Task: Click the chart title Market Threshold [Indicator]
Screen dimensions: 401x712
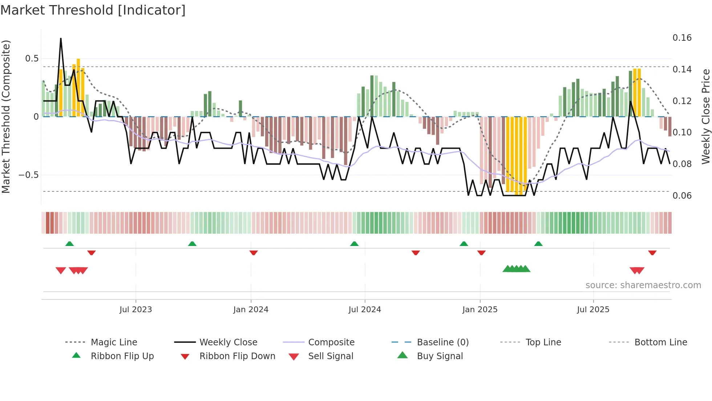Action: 93,10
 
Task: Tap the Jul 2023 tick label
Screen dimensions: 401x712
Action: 135,310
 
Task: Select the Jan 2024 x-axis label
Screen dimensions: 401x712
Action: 251,310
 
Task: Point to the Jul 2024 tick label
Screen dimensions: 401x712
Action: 365,310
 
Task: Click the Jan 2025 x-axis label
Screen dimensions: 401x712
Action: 480,310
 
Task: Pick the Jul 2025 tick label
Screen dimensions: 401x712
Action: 593,310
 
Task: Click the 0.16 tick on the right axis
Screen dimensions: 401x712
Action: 682,38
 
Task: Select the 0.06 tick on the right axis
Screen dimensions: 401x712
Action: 682,196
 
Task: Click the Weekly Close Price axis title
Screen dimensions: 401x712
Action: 705,116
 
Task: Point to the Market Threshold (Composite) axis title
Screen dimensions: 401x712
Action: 6,116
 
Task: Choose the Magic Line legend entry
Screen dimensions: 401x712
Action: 114,342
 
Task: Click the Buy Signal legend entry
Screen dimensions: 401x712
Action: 440,356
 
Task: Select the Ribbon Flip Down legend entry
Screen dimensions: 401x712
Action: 237,356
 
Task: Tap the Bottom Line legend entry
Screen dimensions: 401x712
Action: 660,342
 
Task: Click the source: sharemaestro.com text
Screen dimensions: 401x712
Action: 643,285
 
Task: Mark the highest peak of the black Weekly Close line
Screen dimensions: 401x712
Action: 61,39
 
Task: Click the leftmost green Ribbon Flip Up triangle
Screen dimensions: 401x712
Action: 69,244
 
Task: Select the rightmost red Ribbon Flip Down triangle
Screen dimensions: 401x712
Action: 652,253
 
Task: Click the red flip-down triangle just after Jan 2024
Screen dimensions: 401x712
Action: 254,253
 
